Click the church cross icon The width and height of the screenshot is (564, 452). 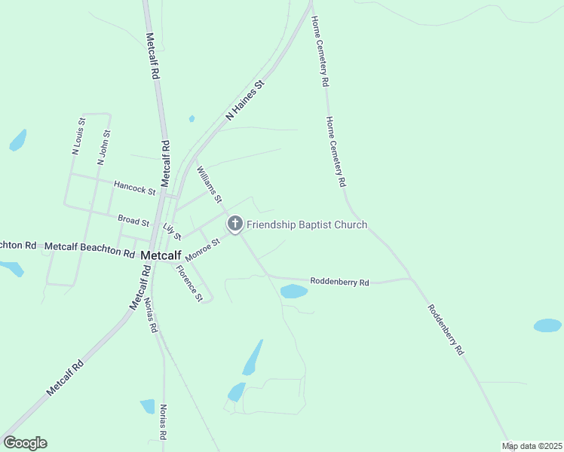coord(234,224)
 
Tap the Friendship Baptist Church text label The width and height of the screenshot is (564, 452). coord(307,224)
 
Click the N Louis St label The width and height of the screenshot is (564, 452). coord(78,136)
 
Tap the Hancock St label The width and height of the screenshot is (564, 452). coord(134,186)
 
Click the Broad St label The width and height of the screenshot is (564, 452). coord(133,220)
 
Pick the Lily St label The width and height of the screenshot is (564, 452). coord(172,231)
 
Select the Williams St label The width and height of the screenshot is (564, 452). coord(209,185)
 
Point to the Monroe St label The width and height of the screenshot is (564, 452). coord(202,250)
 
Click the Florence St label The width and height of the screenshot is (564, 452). coord(189,283)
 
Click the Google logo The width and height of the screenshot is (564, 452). coord(25,443)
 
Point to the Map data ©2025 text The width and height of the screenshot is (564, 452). coord(532,446)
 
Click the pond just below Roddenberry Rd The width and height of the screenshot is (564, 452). coord(293,291)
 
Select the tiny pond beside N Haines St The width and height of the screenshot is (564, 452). coord(192,118)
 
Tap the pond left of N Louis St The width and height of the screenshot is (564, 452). coord(17,140)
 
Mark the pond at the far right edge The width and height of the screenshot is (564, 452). coord(547,325)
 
